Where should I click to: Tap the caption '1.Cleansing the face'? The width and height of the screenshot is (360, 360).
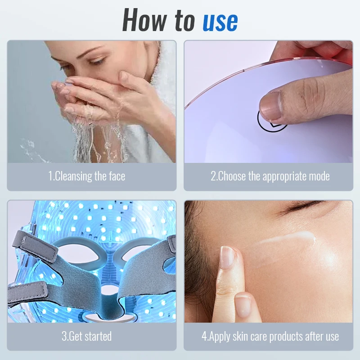tap(87, 176)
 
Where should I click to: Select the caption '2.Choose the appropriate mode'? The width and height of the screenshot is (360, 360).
tap(270, 176)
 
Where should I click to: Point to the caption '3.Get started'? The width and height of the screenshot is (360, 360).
tap(87, 336)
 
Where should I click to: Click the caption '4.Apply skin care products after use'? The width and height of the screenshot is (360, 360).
tap(270, 336)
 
